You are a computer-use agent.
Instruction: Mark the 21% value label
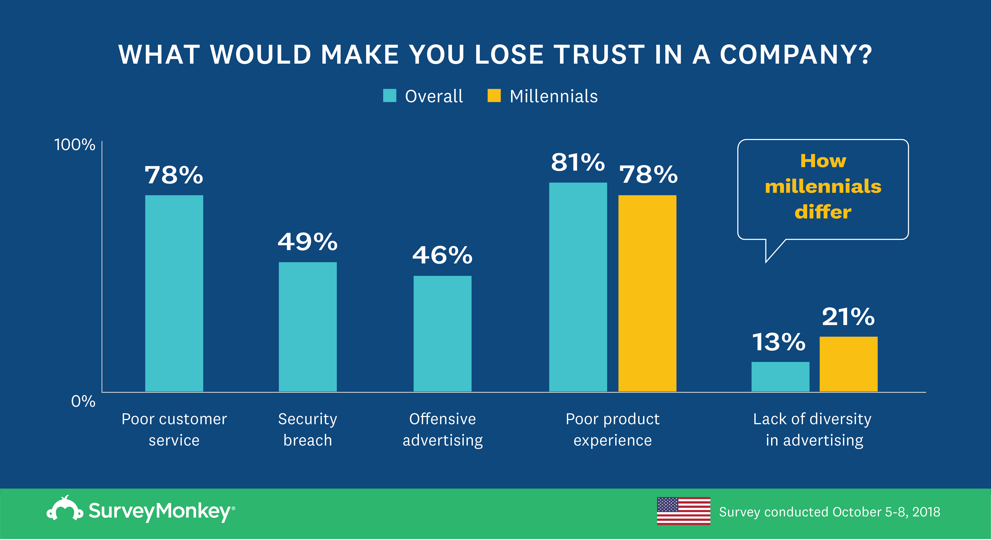click(848, 317)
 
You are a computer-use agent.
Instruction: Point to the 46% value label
click(442, 255)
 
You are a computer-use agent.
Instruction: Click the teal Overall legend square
click(389, 96)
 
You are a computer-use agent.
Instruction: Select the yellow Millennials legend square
click(494, 96)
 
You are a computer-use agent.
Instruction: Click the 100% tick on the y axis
click(74, 145)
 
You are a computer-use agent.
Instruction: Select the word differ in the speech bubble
click(823, 212)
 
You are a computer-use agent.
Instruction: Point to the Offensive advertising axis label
click(442, 429)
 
